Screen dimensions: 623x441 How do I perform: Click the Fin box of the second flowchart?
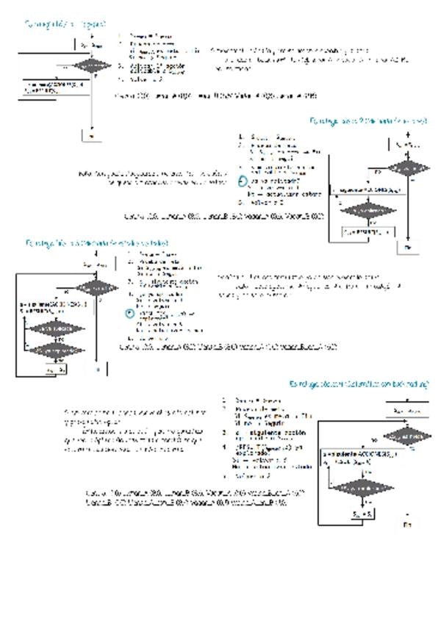(x=408, y=248)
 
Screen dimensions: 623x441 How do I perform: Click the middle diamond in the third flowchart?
(x=56, y=328)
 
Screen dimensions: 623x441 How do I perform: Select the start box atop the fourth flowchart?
(x=406, y=410)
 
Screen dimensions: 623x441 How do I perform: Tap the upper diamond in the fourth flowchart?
(x=406, y=436)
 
